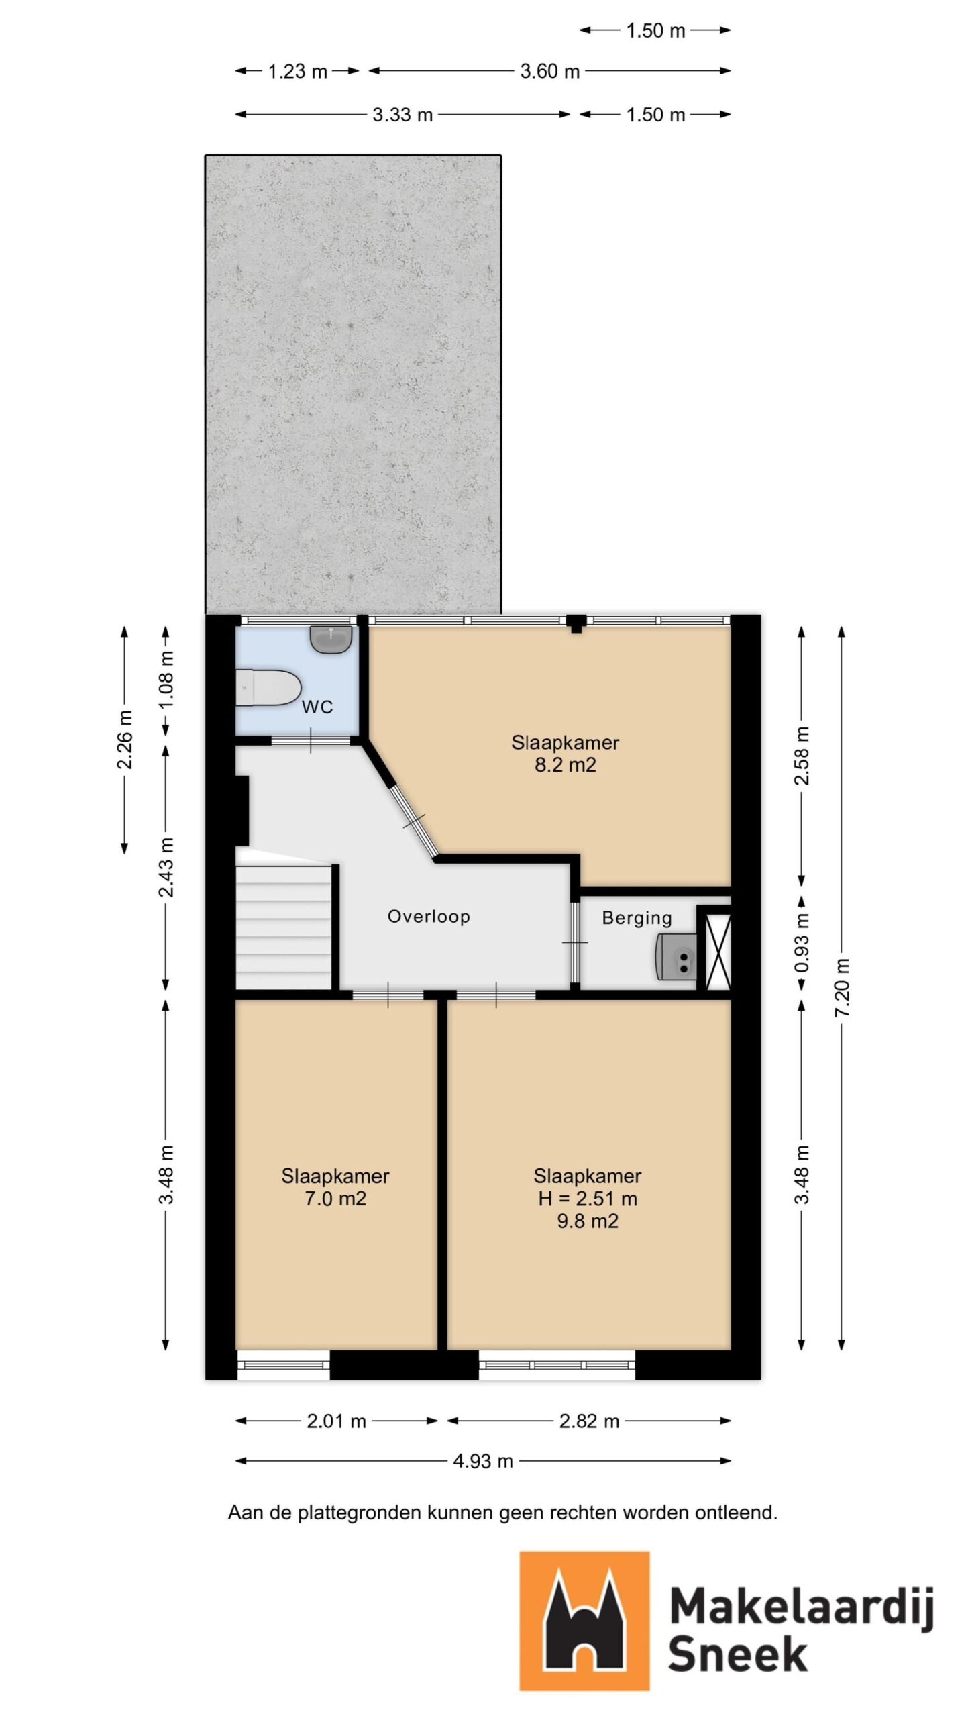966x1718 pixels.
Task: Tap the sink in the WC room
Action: [331, 639]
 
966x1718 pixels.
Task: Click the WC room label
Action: [317, 707]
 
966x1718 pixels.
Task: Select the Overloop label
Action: [429, 917]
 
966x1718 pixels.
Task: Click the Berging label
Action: [637, 918]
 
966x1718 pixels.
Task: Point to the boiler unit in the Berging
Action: [676, 956]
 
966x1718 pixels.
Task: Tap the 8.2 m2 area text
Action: [565, 765]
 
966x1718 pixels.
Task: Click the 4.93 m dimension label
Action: [482, 1461]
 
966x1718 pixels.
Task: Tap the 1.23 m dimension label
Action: [297, 71]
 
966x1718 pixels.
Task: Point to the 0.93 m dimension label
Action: [802, 943]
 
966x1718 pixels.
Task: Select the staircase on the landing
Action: [284, 926]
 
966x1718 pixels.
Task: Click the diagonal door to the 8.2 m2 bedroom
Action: [414, 820]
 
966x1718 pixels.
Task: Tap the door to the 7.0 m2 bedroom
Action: [388, 995]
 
